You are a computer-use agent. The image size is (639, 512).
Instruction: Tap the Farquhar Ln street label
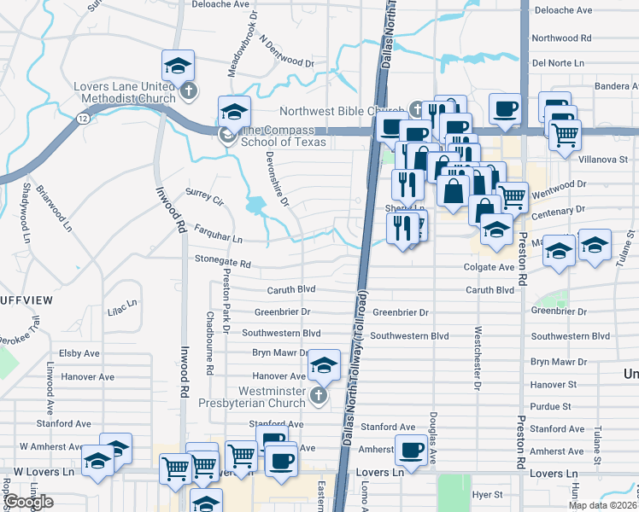pos(218,234)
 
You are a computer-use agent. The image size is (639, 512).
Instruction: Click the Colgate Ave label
pos(490,267)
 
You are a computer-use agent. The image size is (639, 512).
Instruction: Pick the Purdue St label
pos(550,407)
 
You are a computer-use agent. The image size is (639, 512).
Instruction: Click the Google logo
pos(27,502)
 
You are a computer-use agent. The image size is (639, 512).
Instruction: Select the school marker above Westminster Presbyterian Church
pos(324,367)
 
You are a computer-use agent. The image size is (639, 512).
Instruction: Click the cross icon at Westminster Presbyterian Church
pos(319,395)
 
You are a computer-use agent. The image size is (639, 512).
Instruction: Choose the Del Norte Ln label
pos(557,63)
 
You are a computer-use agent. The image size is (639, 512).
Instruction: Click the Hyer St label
pos(488,494)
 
